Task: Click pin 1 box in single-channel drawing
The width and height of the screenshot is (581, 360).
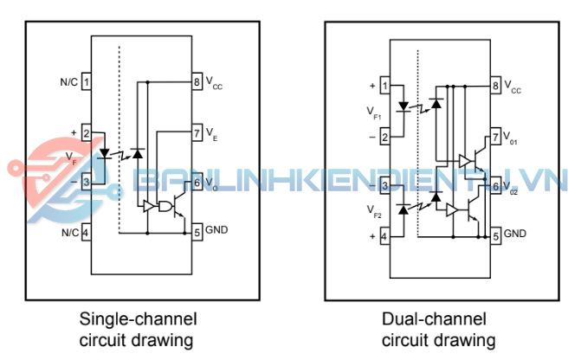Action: coord(87,82)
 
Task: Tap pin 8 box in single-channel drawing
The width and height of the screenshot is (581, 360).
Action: coord(197,82)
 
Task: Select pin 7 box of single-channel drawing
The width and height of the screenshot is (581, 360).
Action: coord(197,132)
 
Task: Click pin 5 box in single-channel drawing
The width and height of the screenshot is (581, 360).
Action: coord(197,232)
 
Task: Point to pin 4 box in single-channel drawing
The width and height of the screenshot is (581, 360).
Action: coord(87,232)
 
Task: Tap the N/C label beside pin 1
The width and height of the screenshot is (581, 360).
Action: coord(68,82)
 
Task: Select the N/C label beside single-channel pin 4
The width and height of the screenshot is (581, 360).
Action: coord(68,232)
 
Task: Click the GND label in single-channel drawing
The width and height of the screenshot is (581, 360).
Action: coord(216,232)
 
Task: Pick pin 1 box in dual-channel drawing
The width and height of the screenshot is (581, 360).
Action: coord(384,87)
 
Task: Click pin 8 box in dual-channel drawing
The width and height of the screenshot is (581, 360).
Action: coord(495,87)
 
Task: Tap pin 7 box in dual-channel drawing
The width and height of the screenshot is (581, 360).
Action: coord(495,136)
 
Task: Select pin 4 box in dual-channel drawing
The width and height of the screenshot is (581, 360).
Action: coord(384,235)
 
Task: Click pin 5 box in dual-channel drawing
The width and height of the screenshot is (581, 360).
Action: coord(495,235)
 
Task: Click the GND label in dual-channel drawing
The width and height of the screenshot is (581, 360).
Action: coord(515,234)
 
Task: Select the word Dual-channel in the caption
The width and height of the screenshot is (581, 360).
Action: coord(433,318)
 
